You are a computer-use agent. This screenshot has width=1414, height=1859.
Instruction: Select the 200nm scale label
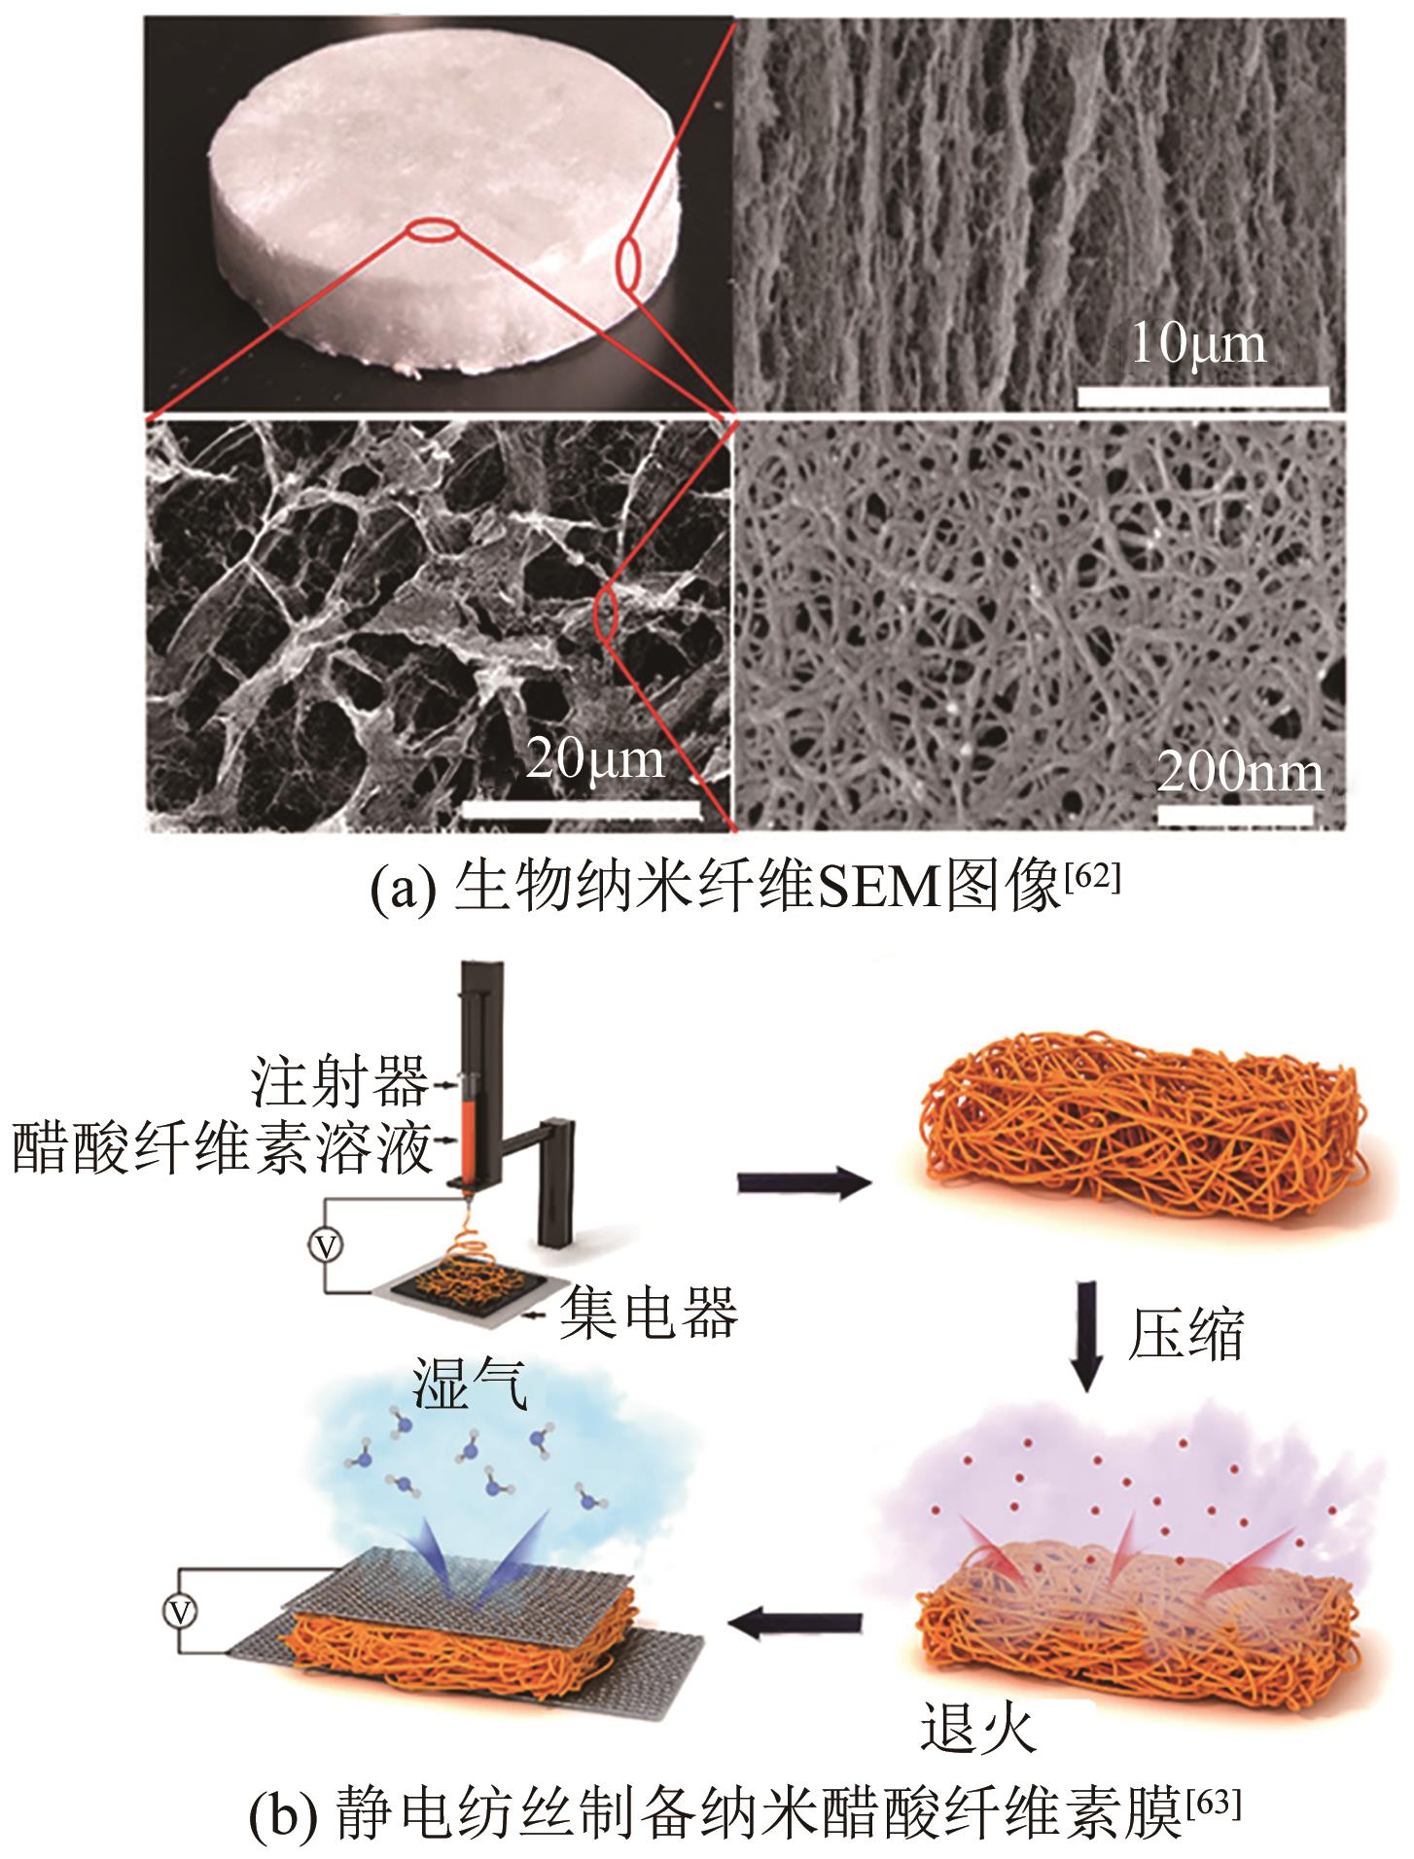[1240, 774]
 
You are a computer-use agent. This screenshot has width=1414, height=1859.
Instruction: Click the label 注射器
[339, 1082]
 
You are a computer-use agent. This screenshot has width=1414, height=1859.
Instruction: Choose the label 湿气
[470, 1385]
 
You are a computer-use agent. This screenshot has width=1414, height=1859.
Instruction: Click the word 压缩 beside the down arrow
[1185, 1334]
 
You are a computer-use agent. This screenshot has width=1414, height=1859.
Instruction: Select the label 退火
[978, 1728]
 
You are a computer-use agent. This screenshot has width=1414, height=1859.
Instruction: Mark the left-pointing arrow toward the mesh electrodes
[796, 1621]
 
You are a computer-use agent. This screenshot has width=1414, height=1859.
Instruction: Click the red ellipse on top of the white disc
[431, 230]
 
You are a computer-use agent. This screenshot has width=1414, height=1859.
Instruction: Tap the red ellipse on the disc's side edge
[627, 265]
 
